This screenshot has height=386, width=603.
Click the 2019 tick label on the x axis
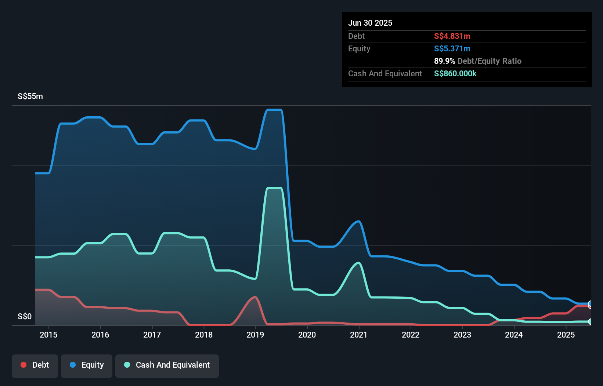click(x=255, y=335)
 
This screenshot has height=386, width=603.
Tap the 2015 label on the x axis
click(x=48, y=335)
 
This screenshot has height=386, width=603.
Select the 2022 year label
click(x=411, y=335)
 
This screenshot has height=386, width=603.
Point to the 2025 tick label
click(x=566, y=335)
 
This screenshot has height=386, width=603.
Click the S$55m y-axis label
click(x=30, y=96)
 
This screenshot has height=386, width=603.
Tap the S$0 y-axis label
click(x=25, y=316)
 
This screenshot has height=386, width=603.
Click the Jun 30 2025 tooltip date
click(x=370, y=23)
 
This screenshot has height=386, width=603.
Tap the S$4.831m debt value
click(x=452, y=36)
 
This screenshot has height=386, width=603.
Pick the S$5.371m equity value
click(x=452, y=49)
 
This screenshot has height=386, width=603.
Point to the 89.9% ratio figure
click(x=444, y=61)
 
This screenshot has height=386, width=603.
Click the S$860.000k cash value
click(x=455, y=74)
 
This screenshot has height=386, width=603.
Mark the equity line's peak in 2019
click(x=274, y=110)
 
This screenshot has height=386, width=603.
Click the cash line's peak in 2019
click(x=274, y=188)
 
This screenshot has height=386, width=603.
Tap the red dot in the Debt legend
click(x=24, y=365)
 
